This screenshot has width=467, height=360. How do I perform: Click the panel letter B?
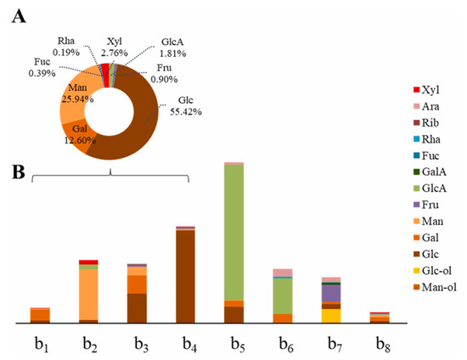[x=16, y=170]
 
